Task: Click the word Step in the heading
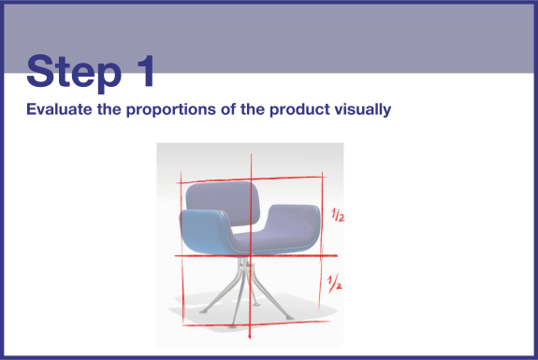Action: (74, 73)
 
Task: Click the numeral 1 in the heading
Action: (145, 71)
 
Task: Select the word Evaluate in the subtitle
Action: (59, 109)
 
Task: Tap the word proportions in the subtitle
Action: (171, 110)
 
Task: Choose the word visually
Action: (363, 110)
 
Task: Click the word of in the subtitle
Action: (227, 109)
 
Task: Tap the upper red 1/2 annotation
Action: (338, 215)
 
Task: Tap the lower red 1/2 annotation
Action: (334, 282)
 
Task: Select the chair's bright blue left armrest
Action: (206, 233)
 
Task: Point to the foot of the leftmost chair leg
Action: (203, 311)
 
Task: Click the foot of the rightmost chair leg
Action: (290, 318)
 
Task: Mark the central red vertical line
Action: (251, 246)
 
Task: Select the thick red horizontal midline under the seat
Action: (256, 255)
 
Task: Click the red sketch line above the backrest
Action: (252, 180)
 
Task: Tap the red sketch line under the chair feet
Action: (256, 324)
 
